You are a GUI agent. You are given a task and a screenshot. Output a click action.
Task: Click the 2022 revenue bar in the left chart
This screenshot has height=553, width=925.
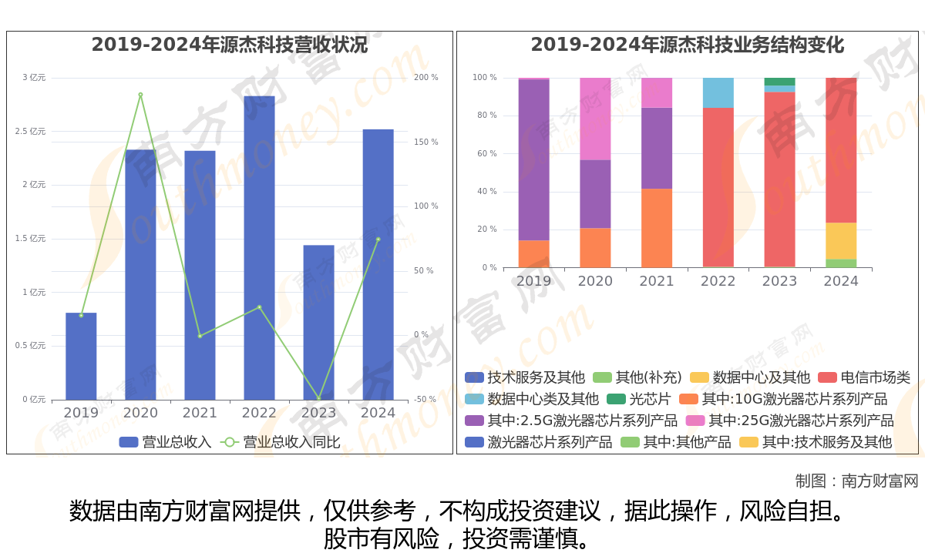point(259,246)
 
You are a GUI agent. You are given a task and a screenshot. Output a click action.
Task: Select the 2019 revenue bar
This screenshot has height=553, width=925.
point(81,356)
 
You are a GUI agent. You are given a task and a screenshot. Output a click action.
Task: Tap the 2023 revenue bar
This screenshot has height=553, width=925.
point(318,322)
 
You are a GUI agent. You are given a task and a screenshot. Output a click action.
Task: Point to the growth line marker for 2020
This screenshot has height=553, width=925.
point(140,95)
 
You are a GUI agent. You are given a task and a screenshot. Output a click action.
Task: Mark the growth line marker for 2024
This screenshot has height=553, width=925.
point(378,239)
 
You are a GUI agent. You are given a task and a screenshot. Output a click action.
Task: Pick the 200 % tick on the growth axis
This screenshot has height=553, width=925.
point(425,78)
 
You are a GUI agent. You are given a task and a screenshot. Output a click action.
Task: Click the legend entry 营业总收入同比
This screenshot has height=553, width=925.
point(281,442)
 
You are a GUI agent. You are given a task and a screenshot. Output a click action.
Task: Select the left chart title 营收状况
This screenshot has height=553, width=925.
point(230,45)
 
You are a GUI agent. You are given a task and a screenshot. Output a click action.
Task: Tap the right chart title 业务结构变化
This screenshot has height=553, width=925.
point(687,45)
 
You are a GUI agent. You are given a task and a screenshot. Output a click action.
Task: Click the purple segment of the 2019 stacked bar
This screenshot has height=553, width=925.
point(533,159)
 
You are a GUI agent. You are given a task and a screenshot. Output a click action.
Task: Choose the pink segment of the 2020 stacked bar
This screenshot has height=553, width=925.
point(595,119)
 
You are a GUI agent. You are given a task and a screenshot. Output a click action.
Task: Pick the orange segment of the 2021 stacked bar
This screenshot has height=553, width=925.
point(657,228)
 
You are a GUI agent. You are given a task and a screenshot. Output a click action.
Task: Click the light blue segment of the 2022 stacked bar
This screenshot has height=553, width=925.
point(718,92)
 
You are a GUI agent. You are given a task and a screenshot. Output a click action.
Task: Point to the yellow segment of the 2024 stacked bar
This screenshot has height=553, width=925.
point(841,240)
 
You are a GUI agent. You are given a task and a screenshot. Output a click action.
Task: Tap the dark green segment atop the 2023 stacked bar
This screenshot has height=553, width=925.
point(779,82)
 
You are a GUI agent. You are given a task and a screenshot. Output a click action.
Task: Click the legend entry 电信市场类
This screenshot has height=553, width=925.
point(864,377)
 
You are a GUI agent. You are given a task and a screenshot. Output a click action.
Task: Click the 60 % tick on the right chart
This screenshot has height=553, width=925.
point(485,154)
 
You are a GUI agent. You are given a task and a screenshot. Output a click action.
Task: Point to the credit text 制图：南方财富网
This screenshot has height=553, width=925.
point(856,481)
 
